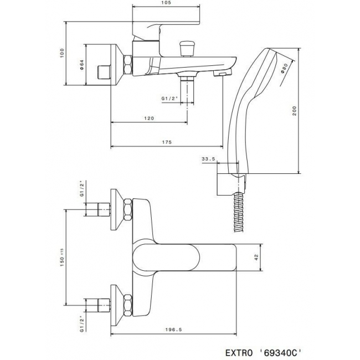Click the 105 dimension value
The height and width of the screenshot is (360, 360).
click(x=166, y=3)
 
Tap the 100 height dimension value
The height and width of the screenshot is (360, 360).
click(x=62, y=53)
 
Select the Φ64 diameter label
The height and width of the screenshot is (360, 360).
click(x=82, y=65)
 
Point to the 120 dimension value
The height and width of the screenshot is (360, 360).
click(x=149, y=119)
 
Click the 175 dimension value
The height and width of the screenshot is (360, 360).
click(x=167, y=142)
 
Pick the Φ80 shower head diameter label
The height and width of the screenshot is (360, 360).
click(x=284, y=69)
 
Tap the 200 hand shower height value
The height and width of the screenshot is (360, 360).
click(x=295, y=111)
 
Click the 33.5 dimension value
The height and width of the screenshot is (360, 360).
click(x=208, y=159)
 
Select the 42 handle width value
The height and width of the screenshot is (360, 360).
click(x=256, y=258)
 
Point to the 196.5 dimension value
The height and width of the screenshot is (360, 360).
click(x=173, y=330)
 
